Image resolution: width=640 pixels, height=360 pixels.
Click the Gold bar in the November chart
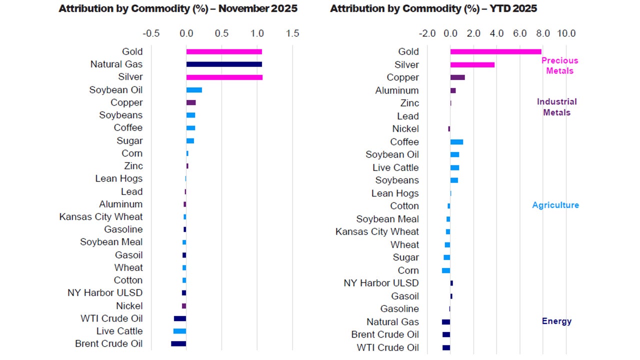tap(224, 51)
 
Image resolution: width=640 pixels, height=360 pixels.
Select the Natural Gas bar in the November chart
tap(224, 64)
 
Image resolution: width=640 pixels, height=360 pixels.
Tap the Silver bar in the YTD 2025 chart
tap(472, 64)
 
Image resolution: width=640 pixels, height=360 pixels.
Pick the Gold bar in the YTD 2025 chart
tap(495, 51)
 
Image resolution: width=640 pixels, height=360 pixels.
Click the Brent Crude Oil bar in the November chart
tap(178, 343)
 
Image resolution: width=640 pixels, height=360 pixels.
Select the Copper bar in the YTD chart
tap(457, 77)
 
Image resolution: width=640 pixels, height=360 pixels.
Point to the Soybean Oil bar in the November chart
tap(194, 90)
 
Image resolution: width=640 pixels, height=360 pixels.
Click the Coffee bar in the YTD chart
tap(456, 142)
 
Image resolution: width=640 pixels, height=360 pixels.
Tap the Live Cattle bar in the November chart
tap(179, 331)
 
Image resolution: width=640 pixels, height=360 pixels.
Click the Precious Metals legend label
tap(559, 65)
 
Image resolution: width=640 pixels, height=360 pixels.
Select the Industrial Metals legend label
tap(556, 107)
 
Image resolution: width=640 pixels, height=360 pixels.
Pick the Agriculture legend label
tap(555, 205)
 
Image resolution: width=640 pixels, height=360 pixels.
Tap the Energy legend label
tap(556, 321)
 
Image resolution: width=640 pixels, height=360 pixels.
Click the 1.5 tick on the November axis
tap(292, 33)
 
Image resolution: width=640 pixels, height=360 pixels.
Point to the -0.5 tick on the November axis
tap(151, 33)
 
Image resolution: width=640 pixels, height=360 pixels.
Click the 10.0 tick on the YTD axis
tap(566, 33)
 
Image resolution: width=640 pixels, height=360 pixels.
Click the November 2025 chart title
tap(178, 8)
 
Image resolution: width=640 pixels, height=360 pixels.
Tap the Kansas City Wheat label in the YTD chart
tap(377, 231)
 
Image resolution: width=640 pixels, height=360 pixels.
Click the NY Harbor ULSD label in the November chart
tap(105, 293)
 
